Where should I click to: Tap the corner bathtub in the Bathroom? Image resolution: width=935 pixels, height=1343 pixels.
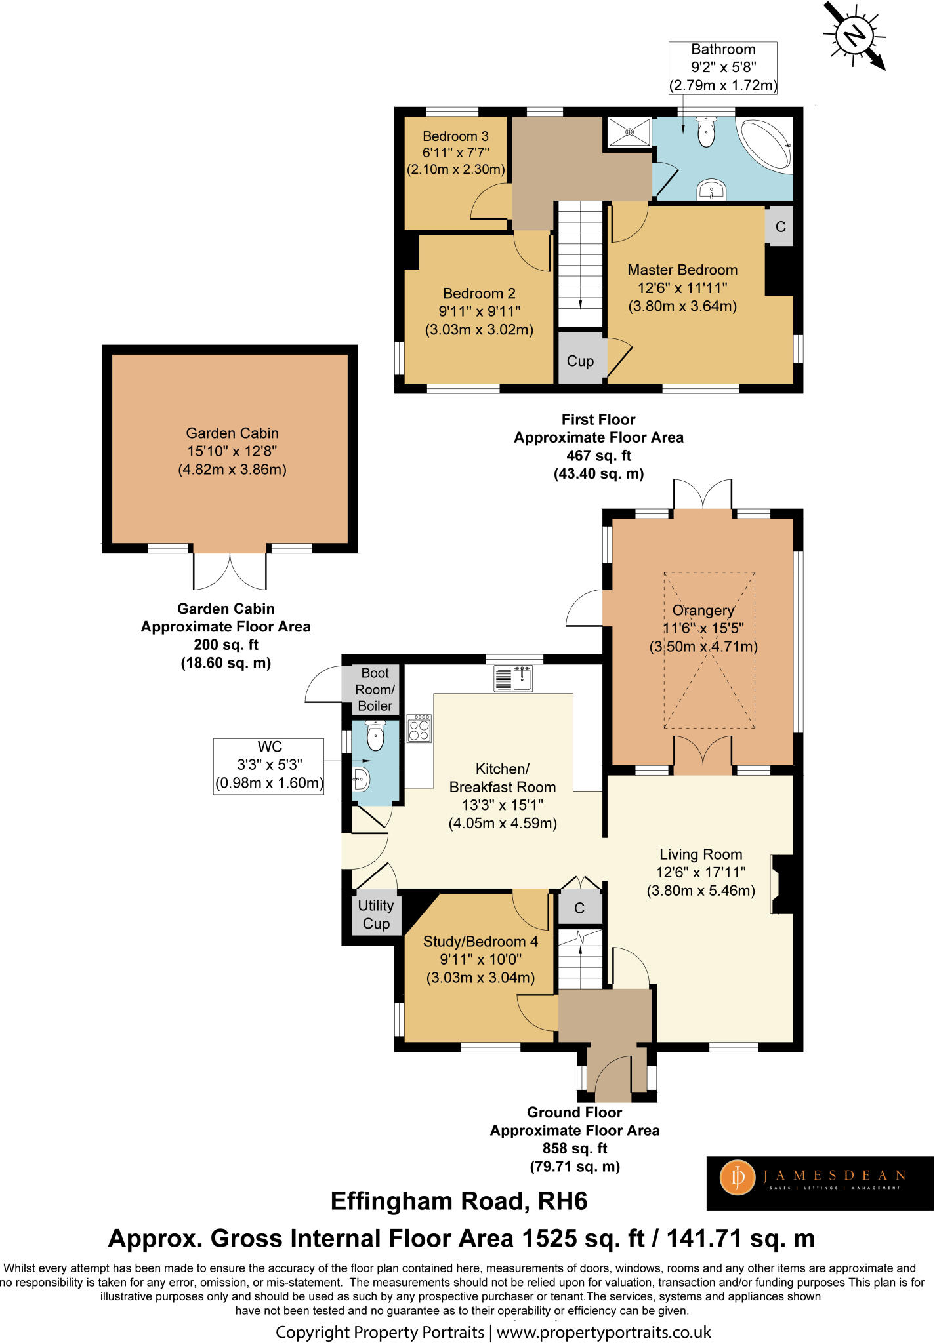tap(765, 144)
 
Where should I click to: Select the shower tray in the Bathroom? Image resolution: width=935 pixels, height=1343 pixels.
tap(629, 132)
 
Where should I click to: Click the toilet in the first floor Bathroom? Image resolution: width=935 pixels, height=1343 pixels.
tap(707, 132)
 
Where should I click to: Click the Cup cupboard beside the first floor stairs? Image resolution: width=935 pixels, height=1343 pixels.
tap(581, 360)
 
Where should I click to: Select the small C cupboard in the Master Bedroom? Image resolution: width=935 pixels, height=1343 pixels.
tap(780, 227)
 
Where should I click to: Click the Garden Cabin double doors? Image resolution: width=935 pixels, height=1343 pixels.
tap(230, 571)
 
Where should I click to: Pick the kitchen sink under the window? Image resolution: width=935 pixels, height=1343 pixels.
tap(513, 678)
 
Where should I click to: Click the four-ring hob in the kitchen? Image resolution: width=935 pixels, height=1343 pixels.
tap(419, 728)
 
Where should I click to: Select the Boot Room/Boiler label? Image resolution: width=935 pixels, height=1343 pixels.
tap(375, 689)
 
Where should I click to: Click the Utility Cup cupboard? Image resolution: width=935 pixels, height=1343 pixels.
tap(376, 914)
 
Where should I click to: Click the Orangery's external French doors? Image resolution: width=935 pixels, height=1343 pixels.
tap(703, 495)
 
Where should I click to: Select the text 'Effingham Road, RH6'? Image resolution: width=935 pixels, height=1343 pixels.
tap(459, 1201)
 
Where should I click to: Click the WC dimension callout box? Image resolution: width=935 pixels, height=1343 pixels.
tap(269, 765)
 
